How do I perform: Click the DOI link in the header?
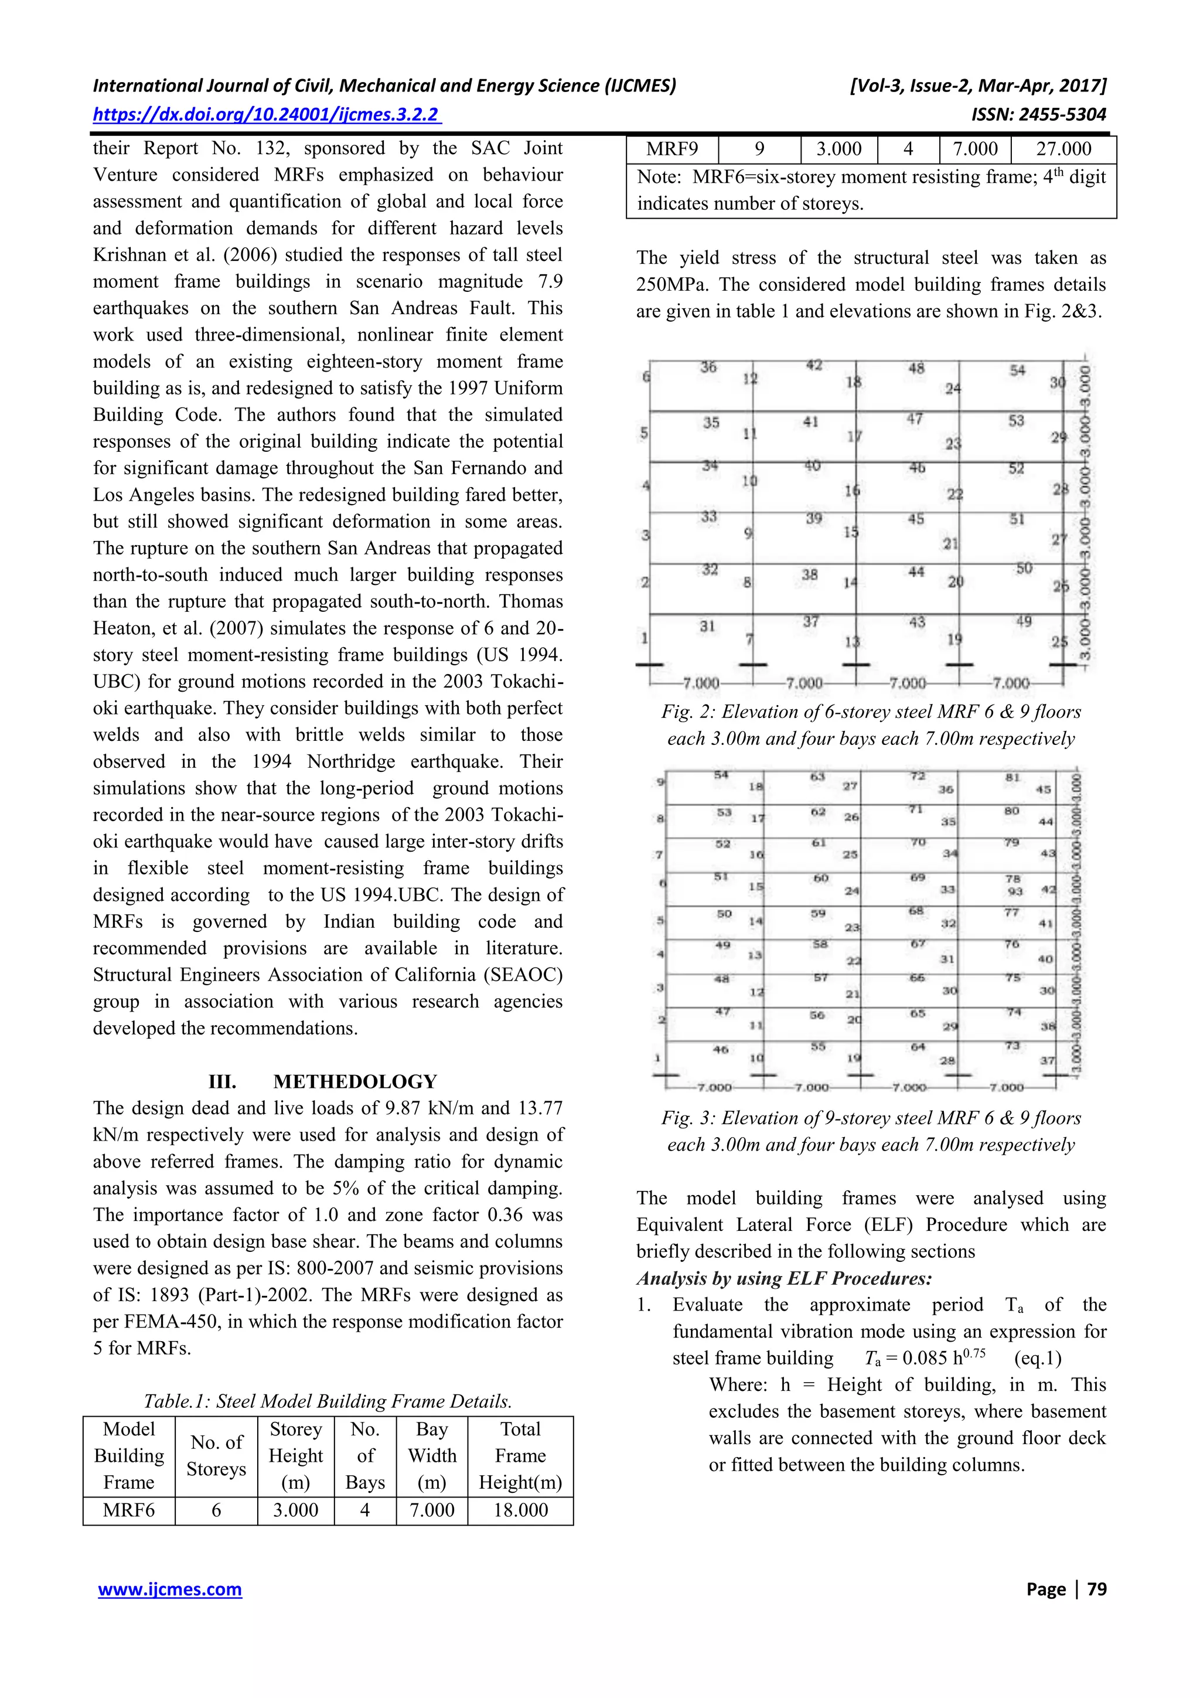(266, 115)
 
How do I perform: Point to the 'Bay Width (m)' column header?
(432, 1455)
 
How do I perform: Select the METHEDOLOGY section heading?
(355, 1081)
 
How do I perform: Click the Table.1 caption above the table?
(328, 1401)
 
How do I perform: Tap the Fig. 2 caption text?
(871, 725)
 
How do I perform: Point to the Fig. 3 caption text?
(871, 1131)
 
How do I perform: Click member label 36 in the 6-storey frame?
(708, 367)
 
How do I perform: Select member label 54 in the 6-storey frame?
(1017, 370)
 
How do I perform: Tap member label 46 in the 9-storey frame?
(720, 1049)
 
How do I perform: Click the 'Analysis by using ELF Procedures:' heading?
(784, 1278)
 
